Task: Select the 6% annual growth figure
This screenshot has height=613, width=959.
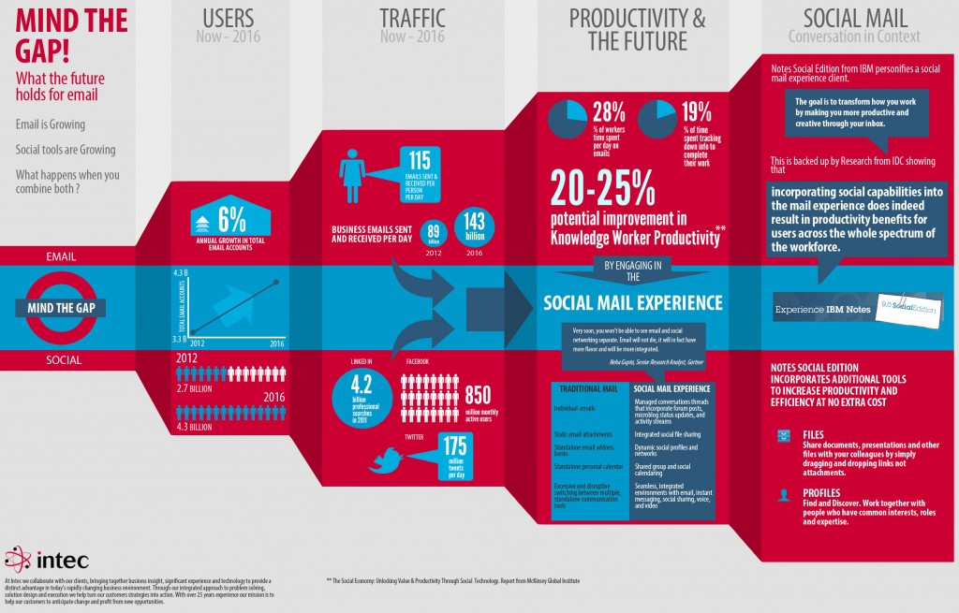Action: point(232,219)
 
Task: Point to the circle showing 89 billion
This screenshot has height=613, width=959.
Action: point(434,233)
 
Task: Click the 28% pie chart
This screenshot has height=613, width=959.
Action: point(567,122)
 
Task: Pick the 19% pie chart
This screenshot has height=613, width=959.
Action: point(658,122)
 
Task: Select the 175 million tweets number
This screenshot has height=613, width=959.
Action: point(454,446)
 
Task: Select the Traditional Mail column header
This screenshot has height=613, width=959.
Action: point(588,388)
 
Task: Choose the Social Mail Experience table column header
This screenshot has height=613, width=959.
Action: point(671,388)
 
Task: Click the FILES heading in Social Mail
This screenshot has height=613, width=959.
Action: point(813,435)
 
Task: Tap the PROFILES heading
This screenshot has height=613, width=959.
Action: point(821,492)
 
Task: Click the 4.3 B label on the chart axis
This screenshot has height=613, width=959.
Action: point(181,272)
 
